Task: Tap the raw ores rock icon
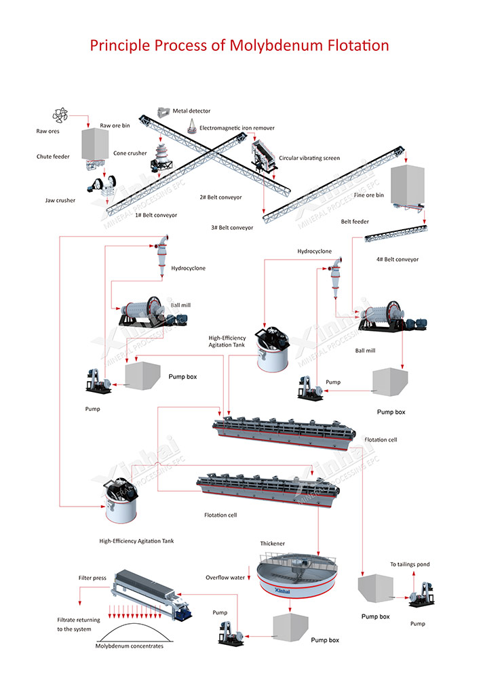60,115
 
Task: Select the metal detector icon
163,111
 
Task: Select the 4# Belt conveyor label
397,260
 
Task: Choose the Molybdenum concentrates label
130,646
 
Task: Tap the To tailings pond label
410,564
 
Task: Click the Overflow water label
225,578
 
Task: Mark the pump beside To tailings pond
423,594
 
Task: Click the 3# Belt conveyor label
232,228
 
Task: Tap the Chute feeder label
53,157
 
